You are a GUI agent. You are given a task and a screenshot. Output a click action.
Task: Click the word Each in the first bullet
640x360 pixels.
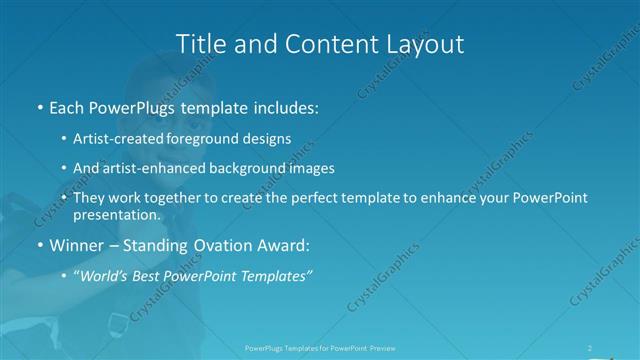pos(68,105)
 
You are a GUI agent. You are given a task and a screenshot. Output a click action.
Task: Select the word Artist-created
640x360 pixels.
pos(125,139)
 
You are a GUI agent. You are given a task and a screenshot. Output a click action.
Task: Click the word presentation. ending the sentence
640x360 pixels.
pos(116,215)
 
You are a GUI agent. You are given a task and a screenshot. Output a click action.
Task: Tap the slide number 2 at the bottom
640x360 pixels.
pos(590,347)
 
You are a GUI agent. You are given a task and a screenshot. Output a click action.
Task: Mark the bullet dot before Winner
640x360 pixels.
pos(39,245)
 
